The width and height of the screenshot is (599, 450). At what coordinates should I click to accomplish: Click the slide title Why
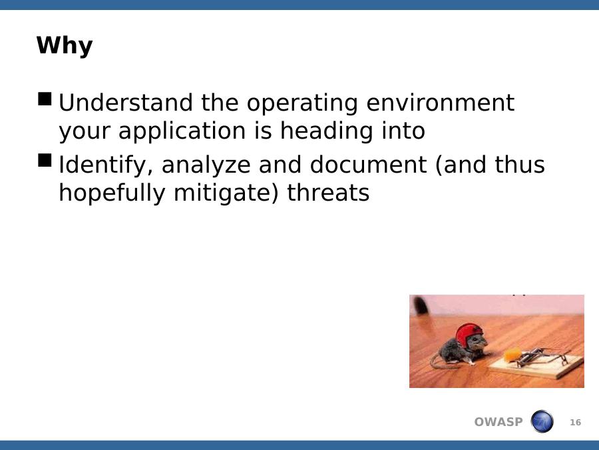[65, 46]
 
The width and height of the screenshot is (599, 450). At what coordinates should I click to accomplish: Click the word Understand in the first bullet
[126, 103]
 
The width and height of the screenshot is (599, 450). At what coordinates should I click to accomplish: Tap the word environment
[440, 103]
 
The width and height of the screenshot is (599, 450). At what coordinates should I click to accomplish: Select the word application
[182, 131]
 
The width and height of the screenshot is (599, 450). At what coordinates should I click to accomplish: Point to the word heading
[327, 131]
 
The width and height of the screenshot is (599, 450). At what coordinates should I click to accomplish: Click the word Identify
[106, 165]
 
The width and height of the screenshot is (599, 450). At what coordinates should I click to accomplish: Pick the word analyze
[206, 166]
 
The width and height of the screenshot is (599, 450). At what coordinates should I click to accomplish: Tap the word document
[368, 165]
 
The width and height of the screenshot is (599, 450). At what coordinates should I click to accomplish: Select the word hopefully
[112, 193]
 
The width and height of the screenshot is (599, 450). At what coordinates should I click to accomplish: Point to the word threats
[328, 193]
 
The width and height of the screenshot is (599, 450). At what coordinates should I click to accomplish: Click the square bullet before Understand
[45, 99]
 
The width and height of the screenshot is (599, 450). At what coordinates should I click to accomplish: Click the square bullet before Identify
[45, 160]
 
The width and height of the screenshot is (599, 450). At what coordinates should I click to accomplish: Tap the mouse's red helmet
[469, 334]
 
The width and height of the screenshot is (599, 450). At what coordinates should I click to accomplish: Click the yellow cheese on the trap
[512, 355]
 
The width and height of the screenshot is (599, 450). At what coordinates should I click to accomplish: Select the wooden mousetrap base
[536, 365]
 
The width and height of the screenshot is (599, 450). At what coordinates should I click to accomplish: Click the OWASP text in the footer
[498, 422]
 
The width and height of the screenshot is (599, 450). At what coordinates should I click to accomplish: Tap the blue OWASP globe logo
[542, 421]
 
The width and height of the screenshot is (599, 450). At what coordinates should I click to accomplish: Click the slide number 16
[575, 423]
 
